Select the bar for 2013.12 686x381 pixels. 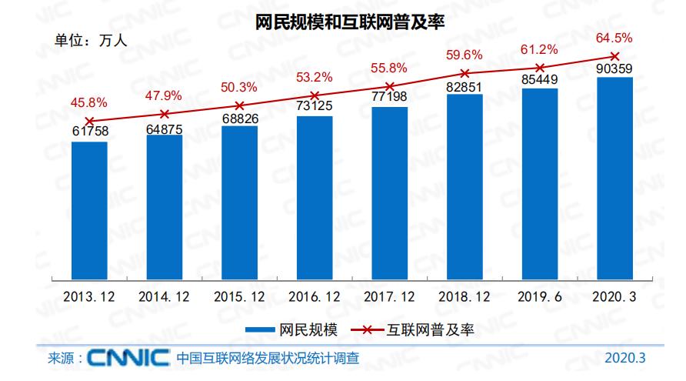coord(89,209)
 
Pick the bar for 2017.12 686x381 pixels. coord(389,192)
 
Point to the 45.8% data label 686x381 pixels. coord(89,102)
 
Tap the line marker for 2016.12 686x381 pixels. coord(315,95)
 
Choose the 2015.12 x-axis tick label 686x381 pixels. coord(239,296)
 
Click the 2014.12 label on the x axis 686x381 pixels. coord(164,296)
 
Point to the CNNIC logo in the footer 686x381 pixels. coord(128,359)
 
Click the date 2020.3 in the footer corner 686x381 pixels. coord(625,359)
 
